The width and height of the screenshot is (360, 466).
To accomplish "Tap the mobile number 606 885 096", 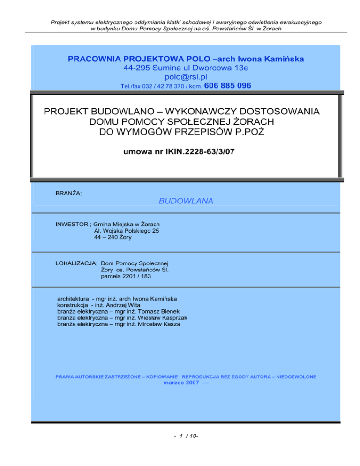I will [x=228, y=86].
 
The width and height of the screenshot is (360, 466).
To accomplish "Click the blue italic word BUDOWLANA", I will [x=186, y=201].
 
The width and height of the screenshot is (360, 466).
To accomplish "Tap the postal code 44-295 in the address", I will [x=139, y=68].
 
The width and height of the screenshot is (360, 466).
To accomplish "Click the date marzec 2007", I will [x=173, y=383].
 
